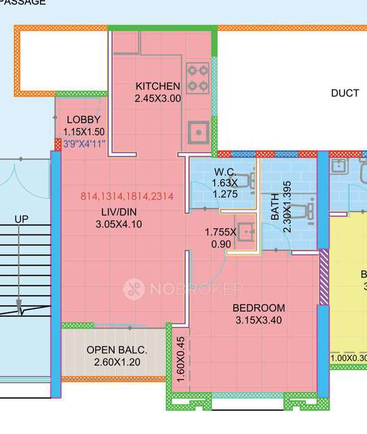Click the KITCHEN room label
pyautogui.click(x=158, y=86)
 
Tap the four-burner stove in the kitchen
pyautogui.click(x=197, y=77)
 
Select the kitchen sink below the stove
pyautogui.click(x=197, y=131)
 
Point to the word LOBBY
pyautogui.click(x=83, y=120)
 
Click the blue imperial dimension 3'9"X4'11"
pyautogui.click(x=85, y=144)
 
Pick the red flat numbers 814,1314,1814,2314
pyautogui.click(x=128, y=197)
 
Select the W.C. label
pyautogui.click(x=225, y=171)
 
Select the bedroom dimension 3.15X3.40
pyautogui.click(x=258, y=319)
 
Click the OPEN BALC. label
pyautogui.click(x=117, y=350)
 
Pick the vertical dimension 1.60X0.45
pyautogui.click(x=180, y=361)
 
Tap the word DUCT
pyautogui.click(x=345, y=93)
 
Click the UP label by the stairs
pyautogui.click(x=21, y=219)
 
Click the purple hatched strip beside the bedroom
pyautogui.click(x=324, y=277)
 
